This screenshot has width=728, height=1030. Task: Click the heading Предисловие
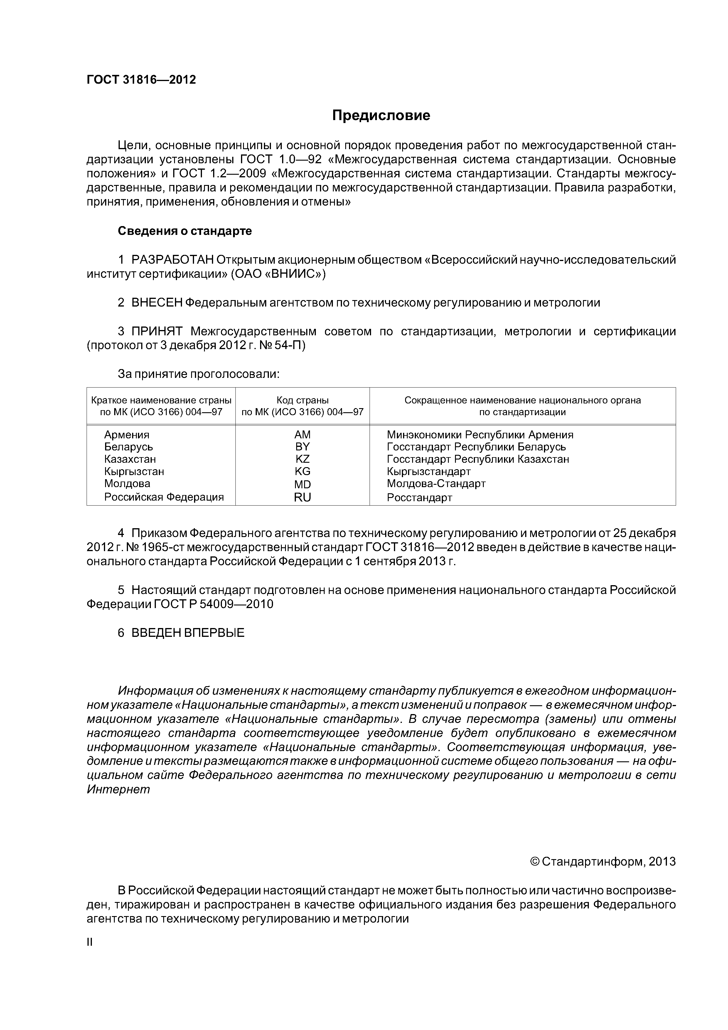381,116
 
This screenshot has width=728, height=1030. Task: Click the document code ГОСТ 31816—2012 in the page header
141,80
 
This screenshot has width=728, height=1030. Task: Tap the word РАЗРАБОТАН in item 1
172,260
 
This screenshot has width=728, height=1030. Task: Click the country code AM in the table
302,435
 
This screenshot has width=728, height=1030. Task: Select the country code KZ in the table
302,459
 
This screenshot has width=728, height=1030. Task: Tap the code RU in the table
302,497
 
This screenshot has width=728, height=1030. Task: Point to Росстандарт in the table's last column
419,497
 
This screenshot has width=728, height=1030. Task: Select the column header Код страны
302,400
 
